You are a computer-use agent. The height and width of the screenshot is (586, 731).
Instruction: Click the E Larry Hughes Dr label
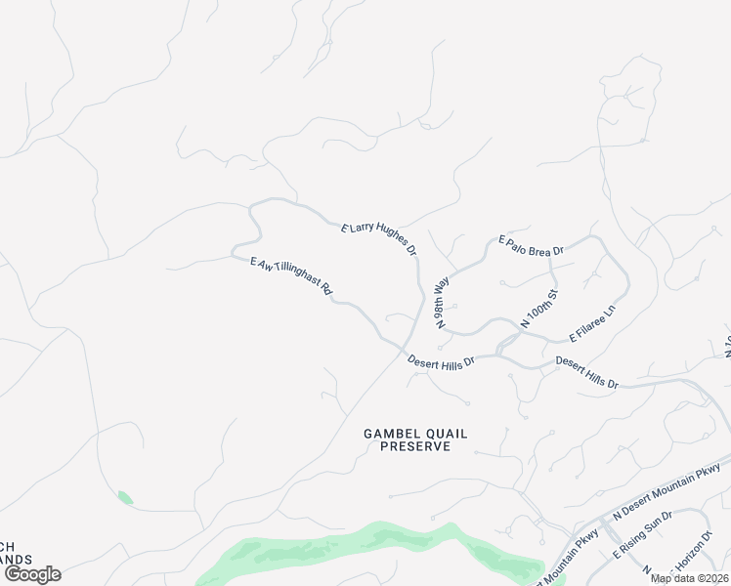pyautogui.click(x=379, y=237)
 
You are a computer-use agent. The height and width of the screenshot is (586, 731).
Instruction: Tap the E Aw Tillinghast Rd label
pyautogui.click(x=292, y=276)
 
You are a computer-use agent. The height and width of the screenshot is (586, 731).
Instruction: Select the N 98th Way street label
pyautogui.click(x=443, y=301)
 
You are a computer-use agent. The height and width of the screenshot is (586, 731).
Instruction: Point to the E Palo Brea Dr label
pyautogui.click(x=532, y=244)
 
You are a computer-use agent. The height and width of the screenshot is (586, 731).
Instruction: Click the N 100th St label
pyautogui.click(x=538, y=308)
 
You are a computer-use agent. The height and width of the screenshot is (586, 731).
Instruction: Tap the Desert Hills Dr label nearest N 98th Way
pyautogui.click(x=441, y=361)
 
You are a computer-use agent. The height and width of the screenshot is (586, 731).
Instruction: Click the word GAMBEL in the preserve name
pyautogui.click(x=389, y=433)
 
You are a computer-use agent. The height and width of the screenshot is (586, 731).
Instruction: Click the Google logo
pyautogui.click(x=32, y=574)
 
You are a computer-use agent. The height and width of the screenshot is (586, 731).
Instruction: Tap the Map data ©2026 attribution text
pyautogui.click(x=689, y=578)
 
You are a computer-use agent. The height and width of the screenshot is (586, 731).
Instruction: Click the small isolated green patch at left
pyautogui.click(x=124, y=497)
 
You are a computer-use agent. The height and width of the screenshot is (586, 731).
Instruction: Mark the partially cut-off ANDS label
pyautogui.click(x=16, y=560)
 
